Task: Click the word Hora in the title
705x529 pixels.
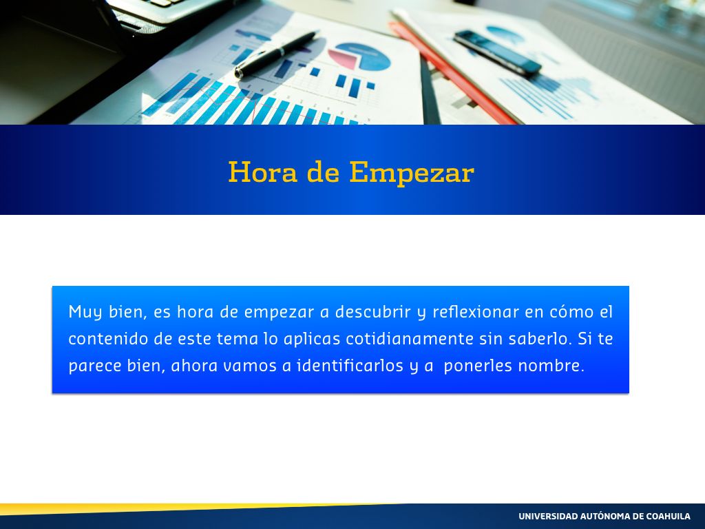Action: point(262,172)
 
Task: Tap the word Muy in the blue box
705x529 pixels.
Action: point(85,312)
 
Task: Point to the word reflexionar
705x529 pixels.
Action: point(476,311)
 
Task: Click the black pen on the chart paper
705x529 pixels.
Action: point(275,55)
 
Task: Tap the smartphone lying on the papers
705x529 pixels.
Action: point(497,52)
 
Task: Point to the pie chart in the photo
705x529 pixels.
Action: point(359,56)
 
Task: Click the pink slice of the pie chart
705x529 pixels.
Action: point(343,59)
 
